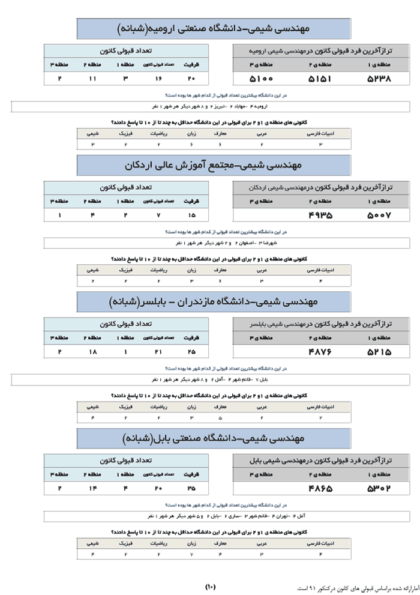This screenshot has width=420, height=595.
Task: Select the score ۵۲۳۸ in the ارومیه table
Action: point(379,79)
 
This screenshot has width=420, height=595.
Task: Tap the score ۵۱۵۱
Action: point(320,79)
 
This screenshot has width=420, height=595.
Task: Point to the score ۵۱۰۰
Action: point(261,79)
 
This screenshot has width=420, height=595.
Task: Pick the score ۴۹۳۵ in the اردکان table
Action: point(320,214)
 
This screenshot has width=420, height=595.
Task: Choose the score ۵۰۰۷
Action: point(379,214)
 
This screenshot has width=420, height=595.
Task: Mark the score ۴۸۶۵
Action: point(320,488)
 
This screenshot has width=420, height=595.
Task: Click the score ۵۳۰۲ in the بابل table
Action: point(379,488)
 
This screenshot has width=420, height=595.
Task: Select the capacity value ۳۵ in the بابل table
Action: point(191,488)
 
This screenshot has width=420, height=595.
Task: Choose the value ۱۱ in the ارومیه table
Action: point(92,79)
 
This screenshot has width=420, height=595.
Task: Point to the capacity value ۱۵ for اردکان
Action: point(191,214)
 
